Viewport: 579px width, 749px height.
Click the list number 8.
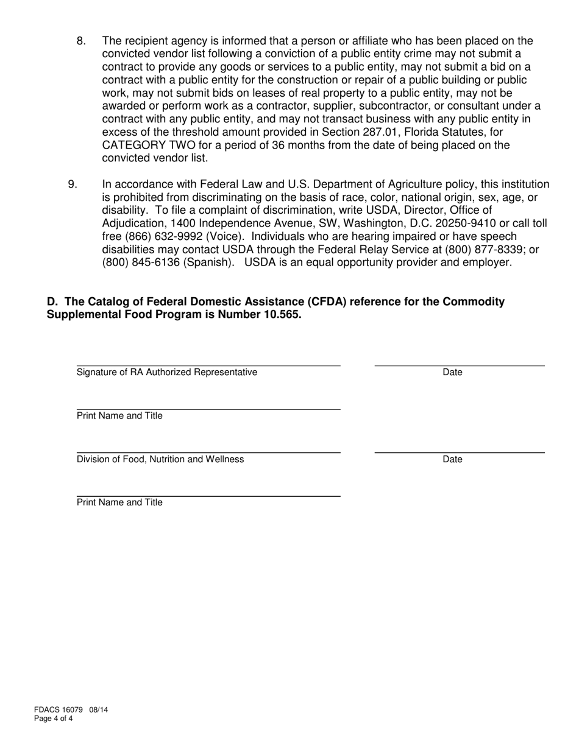pyautogui.click(x=81, y=41)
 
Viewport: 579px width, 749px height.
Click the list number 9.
pyautogui.click(x=73, y=185)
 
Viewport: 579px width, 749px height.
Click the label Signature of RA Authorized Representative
pyautogui.click(x=167, y=373)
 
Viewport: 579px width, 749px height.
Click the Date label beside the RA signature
pyautogui.click(x=452, y=373)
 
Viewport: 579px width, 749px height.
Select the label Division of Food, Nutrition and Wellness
pyautogui.click(x=160, y=460)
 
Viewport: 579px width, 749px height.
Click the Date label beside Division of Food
pyautogui.click(x=452, y=460)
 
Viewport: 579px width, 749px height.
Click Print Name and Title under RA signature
pyautogui.click(x=119, y=416)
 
